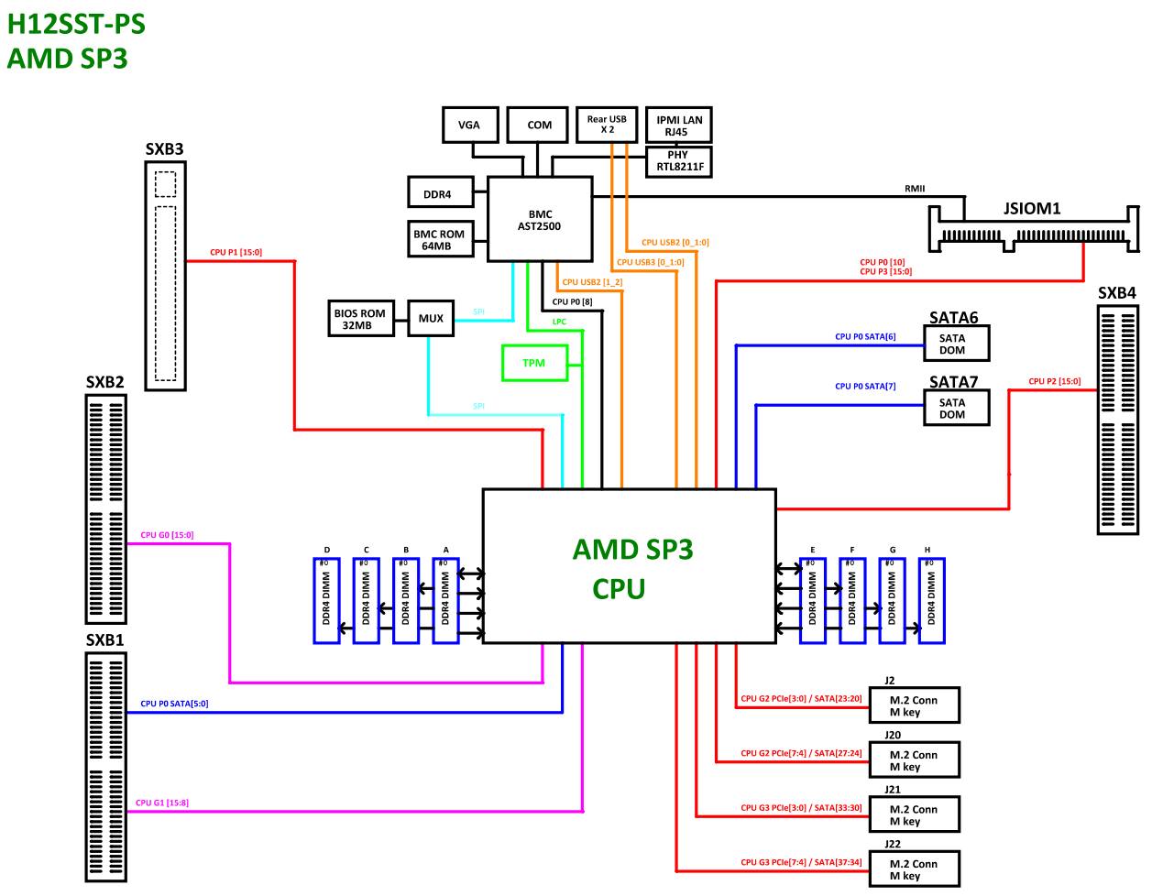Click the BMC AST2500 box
(539, 220)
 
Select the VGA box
(468, 125)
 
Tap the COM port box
(539, 125)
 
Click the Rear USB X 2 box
(607, 125)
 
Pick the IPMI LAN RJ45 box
(678, 126)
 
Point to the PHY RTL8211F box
(678, 161)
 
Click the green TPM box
(534, 363)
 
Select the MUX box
(431, 319)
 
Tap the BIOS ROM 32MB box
(359, 319)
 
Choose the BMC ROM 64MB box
(440, 239)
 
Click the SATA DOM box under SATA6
(956, 344)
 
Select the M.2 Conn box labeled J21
(914, 814)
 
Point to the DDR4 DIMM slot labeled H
(931, 600)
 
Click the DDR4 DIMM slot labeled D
(326, 600)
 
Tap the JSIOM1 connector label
(1032, 208)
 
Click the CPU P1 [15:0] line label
(236, 252)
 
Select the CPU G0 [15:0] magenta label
(167, 535)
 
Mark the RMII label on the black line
(915, 189)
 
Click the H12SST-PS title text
(76, 24)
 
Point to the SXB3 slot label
(164, 149)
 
